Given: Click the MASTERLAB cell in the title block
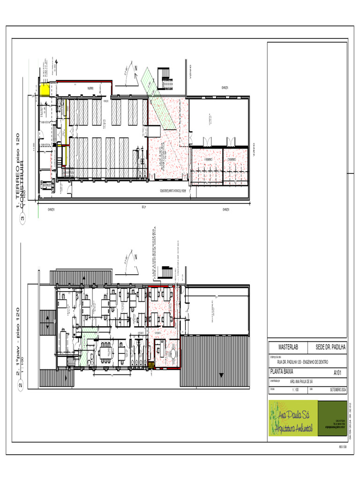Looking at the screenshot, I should click(x=288, y=347).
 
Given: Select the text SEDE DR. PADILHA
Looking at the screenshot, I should click(x=330, y=347).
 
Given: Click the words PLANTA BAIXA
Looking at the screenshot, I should click(x=282, y=371).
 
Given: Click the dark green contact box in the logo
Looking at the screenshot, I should click(x=332, y=419).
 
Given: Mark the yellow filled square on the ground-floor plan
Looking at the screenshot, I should click(x=45, y=90).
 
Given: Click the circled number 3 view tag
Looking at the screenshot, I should click(x=22, y=217).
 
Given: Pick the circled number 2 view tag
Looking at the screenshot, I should click(x=21, y=386).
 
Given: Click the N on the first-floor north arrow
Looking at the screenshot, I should click(x=135, y=257).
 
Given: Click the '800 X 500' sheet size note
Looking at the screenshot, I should click(x=343, y=447).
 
